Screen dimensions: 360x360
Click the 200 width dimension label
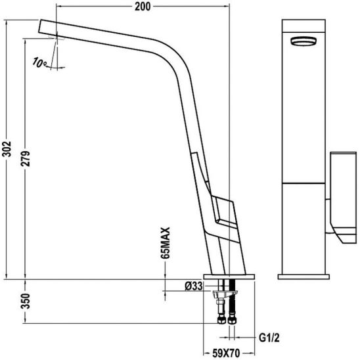pyautogui.click(x=143, y=7)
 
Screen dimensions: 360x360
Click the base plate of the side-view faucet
pyautogui.click(x=229, y=275)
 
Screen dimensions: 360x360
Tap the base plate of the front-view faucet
pyautogui.click(x=303, y=275)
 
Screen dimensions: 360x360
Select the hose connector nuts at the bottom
pyautogui.click(x=225, y=322)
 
